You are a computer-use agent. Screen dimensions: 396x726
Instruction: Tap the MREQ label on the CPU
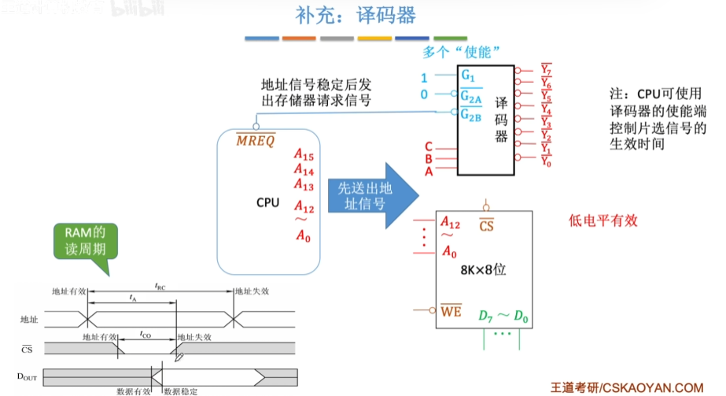coord(256,141)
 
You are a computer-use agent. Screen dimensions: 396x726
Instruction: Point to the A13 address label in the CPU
coord(304,184)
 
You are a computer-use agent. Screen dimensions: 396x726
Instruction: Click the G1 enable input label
coord(468,76)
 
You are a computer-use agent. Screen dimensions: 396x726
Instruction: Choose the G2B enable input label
coord(471,115)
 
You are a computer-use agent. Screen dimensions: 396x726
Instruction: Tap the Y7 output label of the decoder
coord(546,70)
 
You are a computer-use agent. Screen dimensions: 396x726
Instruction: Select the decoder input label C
coord(429,146)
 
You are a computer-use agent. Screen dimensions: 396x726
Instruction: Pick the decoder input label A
coord(429,171)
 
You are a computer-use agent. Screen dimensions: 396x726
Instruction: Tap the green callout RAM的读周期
coord(85,242)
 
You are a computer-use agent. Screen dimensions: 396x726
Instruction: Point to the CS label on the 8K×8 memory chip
coord(487,227)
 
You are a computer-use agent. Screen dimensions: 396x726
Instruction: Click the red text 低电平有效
coord(603,221)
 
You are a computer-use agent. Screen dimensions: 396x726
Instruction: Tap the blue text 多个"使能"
coord(462,52)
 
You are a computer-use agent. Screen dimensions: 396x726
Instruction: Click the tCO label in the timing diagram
coord(146,334)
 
